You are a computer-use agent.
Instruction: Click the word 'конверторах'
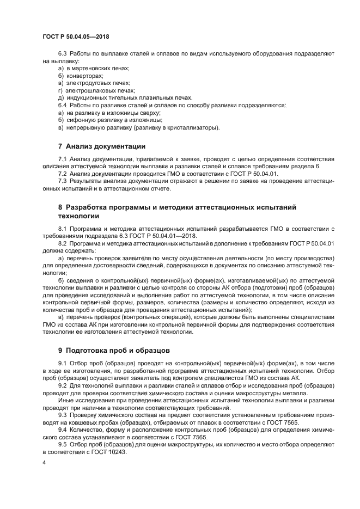click(x=84, y=76)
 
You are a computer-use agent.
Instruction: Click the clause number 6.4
click(x=63, y=105)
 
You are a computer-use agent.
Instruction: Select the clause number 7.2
click(x=63, y=173)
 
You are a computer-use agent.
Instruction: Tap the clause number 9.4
click(x=63, y=430)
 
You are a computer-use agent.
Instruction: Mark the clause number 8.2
click(x=63, y=244)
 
